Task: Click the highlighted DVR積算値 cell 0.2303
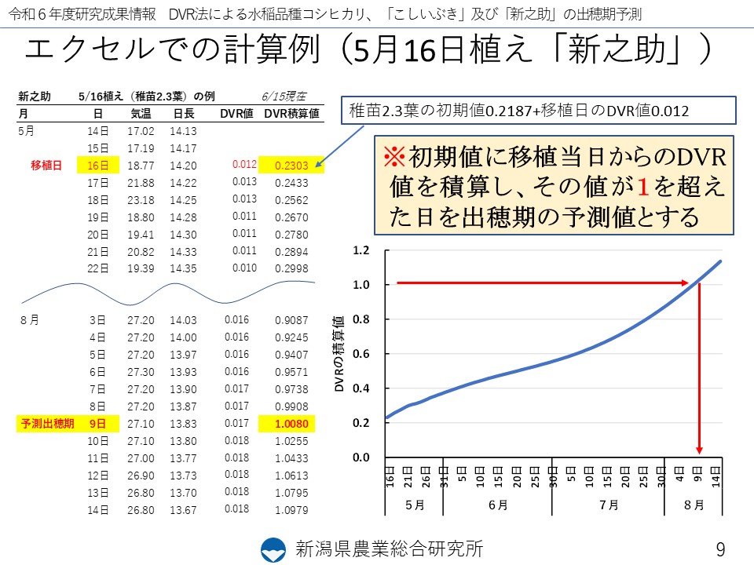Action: point(291,166)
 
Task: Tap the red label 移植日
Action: point(46,166)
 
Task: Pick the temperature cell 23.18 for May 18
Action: point(141,200)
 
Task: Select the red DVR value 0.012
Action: point(244,165)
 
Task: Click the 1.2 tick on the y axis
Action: point(361,251)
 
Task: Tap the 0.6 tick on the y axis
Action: point(361,354)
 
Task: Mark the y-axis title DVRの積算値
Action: point(339,355)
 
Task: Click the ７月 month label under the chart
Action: point(608,505)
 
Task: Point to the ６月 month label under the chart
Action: point(497,505)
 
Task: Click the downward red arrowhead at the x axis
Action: point(700,450)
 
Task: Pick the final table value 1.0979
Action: point(291,510)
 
